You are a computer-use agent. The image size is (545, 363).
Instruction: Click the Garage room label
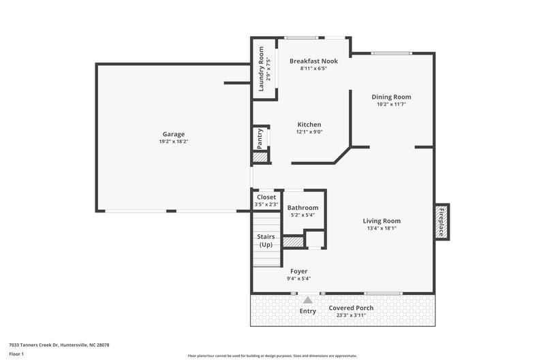[x=173, y=134]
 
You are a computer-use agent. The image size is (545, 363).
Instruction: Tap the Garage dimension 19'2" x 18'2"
[x=173, y=142]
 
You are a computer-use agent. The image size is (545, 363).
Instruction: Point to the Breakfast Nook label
[x=313, y=61]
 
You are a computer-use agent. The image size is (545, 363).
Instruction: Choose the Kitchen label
[x=309, y=125]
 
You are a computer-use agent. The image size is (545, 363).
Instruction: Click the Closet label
[x=266, y=197]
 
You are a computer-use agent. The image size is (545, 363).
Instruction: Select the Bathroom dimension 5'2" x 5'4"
[x=302, y=215]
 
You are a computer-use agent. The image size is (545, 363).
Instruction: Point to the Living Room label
[x=381, y=221]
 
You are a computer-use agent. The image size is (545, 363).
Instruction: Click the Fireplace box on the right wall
[x=441, y=221]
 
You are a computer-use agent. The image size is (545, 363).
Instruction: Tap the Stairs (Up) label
[x=266, y=240]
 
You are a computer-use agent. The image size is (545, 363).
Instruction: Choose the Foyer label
[x=298, y=271]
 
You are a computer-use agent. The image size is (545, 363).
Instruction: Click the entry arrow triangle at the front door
[x=308, y=299]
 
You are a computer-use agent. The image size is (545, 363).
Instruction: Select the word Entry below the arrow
[x=308, y=311]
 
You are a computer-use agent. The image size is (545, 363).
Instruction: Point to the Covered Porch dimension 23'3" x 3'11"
[x=352, y=315]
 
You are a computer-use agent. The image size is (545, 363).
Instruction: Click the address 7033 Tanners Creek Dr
[x=59, y=345]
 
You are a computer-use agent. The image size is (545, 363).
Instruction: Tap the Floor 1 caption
[x=17, y=355]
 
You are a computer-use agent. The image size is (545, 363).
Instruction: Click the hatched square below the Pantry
[x=260, y=157]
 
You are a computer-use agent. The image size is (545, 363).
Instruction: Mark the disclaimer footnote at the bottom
[x=272, y=356]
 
